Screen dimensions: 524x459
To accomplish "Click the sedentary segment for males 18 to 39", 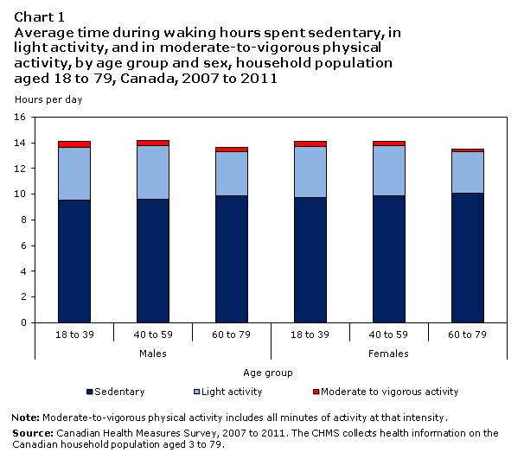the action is pyautogui.click(x=74, y=261).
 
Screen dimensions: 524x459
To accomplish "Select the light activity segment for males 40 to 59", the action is pyautogui.click(x=153, y=172).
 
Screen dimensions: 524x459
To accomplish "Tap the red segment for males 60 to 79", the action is pyautogui.click(x=232, y=150).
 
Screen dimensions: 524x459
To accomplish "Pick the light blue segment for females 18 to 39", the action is pyautogui.click(x=310, y=172).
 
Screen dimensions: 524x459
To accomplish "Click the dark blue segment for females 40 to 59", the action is pyautogui.click(x=389, y=259).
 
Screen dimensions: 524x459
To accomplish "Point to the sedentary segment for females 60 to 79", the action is pyautogui.click(x=468, y=258).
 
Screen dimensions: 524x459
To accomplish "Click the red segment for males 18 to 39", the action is pyautogui.click(x=74, y=144).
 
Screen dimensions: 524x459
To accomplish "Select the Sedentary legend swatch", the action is pyautogui.click(x=90, y=392).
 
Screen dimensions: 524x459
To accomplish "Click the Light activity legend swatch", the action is pyautogui.click(x=197, y=392).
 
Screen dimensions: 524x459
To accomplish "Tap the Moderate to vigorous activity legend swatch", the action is pyautogui.click(x=316, y=392).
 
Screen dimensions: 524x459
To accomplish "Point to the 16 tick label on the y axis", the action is pyautogui.click(x=20, y=117).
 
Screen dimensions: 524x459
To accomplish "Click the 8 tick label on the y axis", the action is pyautogui.click(x=23, y=220).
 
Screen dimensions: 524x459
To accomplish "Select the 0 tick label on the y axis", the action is pyautogui.click(x=23, y=322).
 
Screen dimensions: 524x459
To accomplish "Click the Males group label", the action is pyautogui.click(x=153, y=354).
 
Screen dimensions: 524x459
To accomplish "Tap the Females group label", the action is pyautogui.click(x=388, y=354).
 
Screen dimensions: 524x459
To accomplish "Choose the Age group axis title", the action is pyautogui.click(x=268, y=373).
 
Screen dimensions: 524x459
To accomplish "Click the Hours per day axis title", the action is pyautogui.click(x=48, y=99).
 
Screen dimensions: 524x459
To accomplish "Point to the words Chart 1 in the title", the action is pyautogui.click(x=39, y=17).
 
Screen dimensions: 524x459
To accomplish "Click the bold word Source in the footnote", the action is pyautogui.click(x=33, y=433).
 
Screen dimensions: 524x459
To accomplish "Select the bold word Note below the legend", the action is pyautogui.click(x=26, y=418).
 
